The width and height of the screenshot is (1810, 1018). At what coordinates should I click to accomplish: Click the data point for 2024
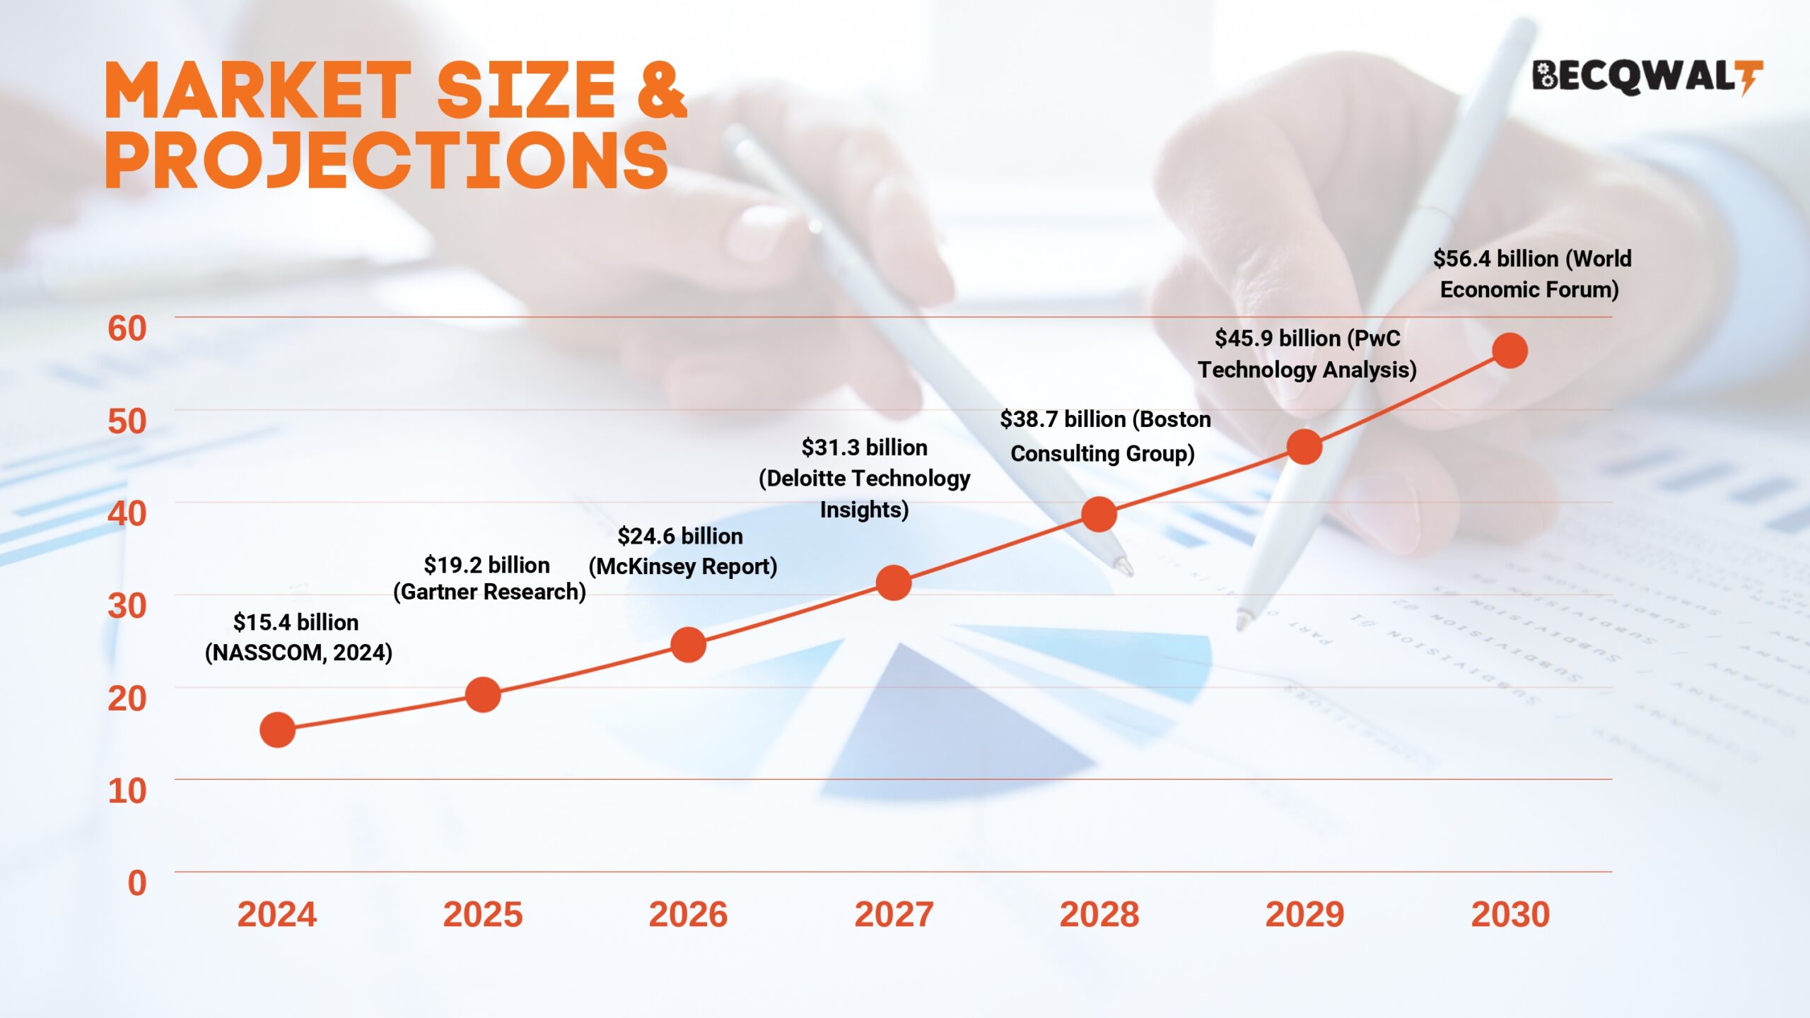(277, 730)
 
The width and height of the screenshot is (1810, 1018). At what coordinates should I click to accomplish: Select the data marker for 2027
(893, 583)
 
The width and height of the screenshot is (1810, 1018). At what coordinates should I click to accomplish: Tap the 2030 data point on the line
(1510, 351)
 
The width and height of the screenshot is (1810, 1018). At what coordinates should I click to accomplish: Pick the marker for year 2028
(1099, 514)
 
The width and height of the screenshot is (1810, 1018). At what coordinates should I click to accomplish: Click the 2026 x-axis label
(688, 914)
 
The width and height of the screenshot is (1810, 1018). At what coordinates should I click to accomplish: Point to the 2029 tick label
(1304, 914)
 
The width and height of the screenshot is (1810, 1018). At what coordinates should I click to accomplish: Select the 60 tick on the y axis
(127, 328)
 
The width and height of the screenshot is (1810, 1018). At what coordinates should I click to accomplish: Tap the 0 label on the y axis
(137, 883)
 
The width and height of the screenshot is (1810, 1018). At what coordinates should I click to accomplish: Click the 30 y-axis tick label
(127, 606)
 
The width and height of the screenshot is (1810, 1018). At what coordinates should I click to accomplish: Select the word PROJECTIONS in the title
(387, 160)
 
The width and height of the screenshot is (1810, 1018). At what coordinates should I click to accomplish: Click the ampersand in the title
(662, 90)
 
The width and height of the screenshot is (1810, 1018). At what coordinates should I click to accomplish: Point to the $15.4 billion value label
(296, 622)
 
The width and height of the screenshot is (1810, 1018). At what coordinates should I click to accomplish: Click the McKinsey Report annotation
(683, 566)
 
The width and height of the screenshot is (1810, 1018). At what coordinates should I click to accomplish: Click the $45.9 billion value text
(1277, 339)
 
